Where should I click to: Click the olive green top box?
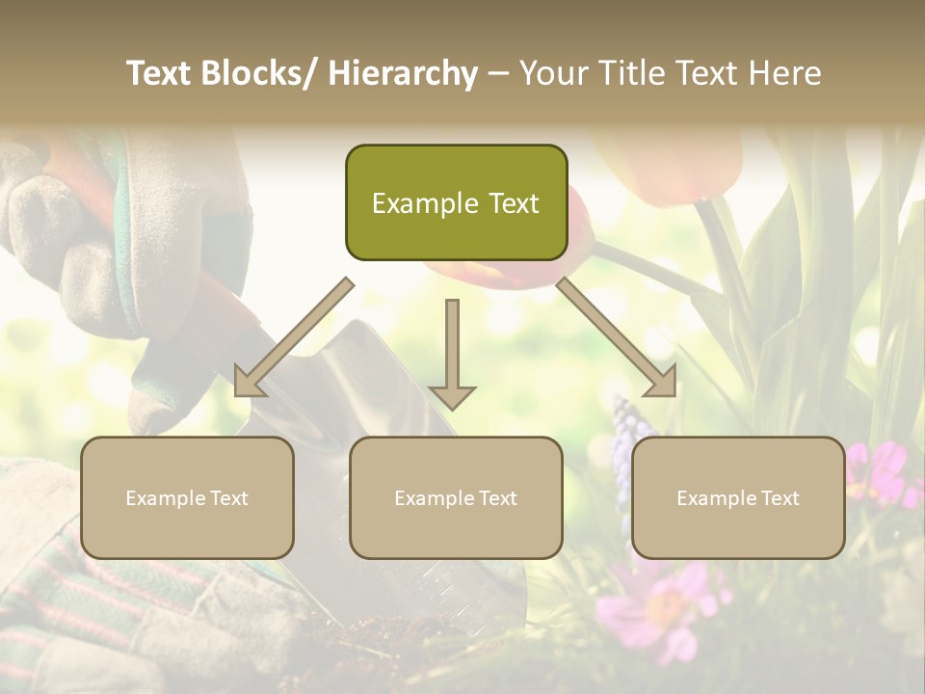(456, 202)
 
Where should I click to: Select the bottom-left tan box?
(187, 497)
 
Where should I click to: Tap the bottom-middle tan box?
(456, 497)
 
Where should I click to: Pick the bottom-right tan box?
(738, 497)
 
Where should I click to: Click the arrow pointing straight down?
(452, 357)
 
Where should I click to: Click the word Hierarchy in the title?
(403, 73)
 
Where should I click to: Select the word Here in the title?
(784, 73)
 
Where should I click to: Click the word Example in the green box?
(425, 203)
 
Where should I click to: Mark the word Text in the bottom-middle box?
(497, 498)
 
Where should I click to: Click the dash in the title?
(498, 73)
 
